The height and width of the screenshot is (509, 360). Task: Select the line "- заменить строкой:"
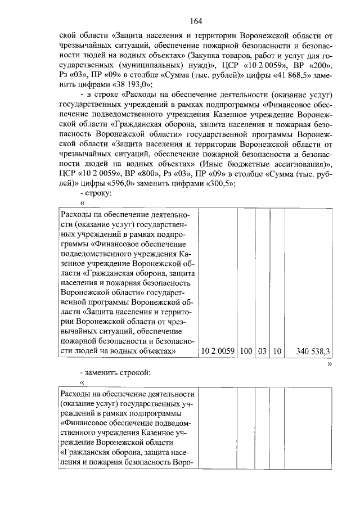(x=116, y=372)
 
